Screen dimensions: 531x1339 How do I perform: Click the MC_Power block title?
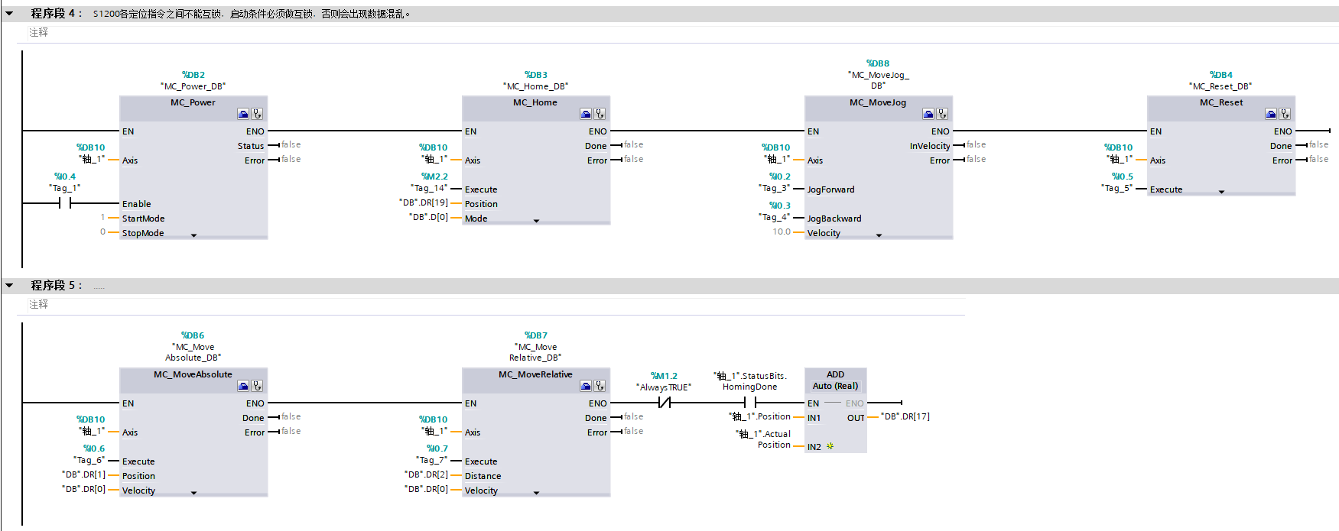tap(193, 102)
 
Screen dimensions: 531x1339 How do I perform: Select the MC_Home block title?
tap(535, 102)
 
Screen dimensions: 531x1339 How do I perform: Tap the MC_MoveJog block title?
tap(878, 102)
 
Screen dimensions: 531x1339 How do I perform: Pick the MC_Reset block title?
tap(1221, 102)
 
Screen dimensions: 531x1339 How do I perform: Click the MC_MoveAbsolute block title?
tap(193, 374)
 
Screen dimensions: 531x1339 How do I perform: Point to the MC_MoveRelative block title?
tap(535, 374)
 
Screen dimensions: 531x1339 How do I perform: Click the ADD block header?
tap(835, 374)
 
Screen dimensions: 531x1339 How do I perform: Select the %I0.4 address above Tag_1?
tap(65, 176)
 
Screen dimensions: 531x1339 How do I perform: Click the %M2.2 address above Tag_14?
tap(435, 176)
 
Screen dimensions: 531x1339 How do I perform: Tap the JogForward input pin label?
tap(831, 189)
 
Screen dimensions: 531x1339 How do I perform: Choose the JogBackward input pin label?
tap(834, 219)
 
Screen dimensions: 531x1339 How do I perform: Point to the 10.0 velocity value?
tap(782, 232)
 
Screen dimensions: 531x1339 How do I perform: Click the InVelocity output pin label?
tap(930, 146)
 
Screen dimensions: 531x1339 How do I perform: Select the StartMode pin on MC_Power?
tap(143, 219)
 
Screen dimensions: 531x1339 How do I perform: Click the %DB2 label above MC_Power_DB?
tap(193, 75)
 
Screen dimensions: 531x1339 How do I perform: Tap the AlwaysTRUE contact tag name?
tap(664, 387)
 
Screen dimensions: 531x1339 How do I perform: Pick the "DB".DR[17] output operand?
tap(905, 416)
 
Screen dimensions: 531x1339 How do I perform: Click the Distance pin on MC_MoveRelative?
tap(483, 476)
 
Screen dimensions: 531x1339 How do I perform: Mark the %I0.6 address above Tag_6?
tap(94, 448)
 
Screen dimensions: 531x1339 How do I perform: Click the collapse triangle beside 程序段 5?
tap(9, 285)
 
